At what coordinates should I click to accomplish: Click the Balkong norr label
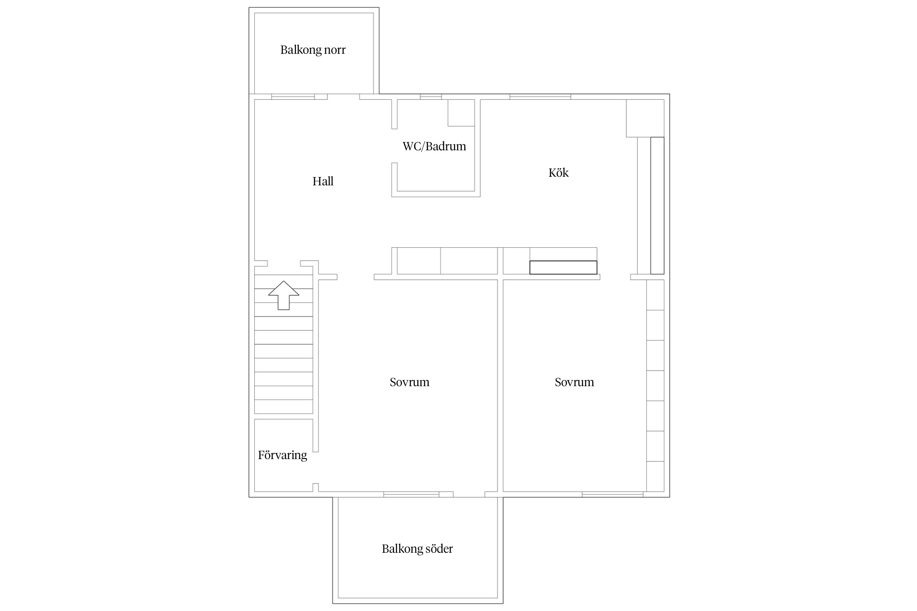point(313,50)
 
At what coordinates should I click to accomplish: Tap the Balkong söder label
point(417,549)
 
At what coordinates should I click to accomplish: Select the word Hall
point(323,181)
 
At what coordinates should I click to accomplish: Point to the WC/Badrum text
point(434,146)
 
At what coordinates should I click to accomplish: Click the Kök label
point(558,173)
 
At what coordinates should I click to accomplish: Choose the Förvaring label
point(282,455)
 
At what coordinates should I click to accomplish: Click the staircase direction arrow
point(284,295)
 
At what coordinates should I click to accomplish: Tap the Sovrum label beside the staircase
point(409,382)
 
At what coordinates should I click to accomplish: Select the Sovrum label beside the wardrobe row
point(574,382)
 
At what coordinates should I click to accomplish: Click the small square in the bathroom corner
point(461,113)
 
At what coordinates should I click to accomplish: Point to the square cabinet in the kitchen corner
point(645,118)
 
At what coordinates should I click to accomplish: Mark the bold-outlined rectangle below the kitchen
point(563,268)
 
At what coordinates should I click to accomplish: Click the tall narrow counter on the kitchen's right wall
point(657,206)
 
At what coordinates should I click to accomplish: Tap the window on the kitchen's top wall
point(540,97)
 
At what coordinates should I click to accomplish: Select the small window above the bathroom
point(431,97)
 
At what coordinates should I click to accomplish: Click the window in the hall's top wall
point(293,97)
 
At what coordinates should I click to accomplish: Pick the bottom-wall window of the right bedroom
point(613,495)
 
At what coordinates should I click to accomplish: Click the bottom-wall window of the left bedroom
point(411,495)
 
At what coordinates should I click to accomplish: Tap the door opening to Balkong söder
point(469,495)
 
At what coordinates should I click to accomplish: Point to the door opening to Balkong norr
point(344,97)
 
